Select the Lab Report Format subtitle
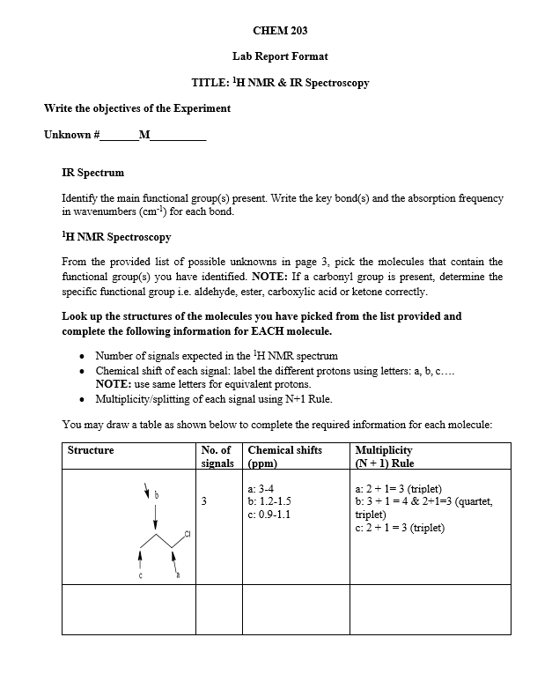pos(280,56)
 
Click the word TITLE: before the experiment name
pos(210,83)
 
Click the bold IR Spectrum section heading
pos(92,173)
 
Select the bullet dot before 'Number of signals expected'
pos(82,356)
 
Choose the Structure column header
pos(91,450)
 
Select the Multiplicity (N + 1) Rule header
pos(383,456)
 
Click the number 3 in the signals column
pos(204,502)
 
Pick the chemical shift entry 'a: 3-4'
pos(264,489)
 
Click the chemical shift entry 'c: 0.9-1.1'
pos(273,515)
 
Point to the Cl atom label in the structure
pos(188,534)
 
